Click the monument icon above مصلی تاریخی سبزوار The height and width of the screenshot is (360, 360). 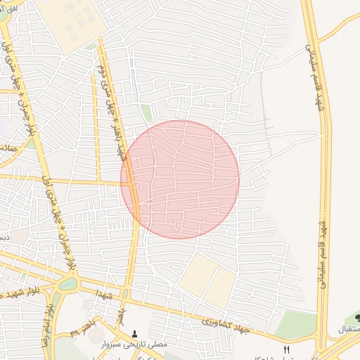point(135,334)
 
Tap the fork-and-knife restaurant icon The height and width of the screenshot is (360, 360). point(286,349)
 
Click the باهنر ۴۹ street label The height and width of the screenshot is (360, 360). point(83,328)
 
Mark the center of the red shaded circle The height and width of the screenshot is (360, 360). point(180,179)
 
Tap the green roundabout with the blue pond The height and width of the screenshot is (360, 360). point(69,284)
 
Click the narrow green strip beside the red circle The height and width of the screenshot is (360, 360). point(146,113)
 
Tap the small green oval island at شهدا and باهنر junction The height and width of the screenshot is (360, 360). point(126,293)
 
